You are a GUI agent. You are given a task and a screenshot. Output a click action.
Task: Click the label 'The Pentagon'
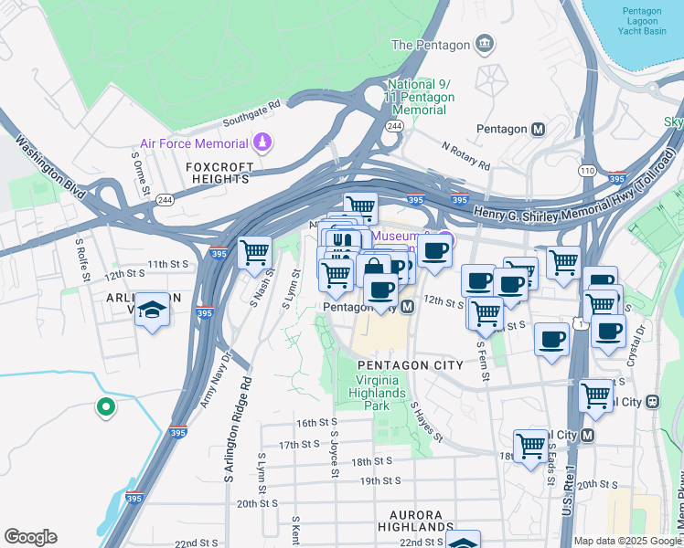pyautogui.click(x=430, y=45)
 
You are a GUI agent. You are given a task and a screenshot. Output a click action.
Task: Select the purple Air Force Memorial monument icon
pyautogui.click(x=262, y=143)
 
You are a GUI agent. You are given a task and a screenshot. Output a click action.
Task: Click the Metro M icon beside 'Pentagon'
pyautogui.click(x=539, y=129)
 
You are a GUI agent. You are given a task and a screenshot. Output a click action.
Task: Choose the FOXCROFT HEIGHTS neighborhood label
pyautogui.click(x=218, y=174)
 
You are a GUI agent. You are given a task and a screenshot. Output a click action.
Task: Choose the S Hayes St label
pyautogui.click(x=426, y=422)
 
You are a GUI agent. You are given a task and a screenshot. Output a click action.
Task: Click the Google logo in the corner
pyautogui.click(x=30, y=537)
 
